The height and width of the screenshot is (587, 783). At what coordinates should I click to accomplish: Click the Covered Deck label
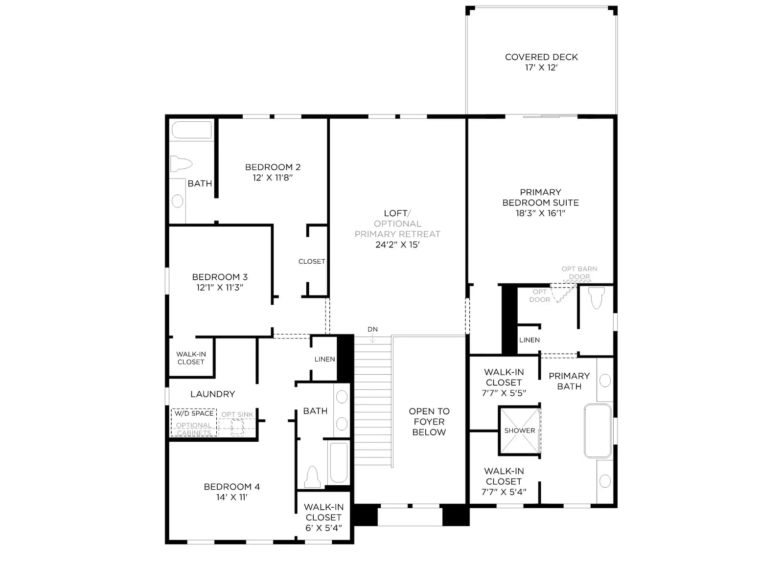tap(541, 57)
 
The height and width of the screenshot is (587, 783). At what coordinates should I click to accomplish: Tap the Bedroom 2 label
tap(273, 167)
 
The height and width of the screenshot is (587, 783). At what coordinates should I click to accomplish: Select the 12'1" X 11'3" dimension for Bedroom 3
tap(220, 287)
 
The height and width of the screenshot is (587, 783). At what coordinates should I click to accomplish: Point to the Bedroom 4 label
tap(232, 487)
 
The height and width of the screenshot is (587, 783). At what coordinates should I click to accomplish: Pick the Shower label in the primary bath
tap(520, 430)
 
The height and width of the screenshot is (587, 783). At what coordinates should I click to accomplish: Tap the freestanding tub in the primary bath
tap(598, 431)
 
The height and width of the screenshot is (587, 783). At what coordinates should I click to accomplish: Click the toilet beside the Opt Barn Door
tap(597, 298)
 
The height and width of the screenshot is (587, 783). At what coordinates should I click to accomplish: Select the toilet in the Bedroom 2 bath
tap(181, 164)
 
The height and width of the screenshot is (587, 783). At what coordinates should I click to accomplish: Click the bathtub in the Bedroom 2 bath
tap(191, 130)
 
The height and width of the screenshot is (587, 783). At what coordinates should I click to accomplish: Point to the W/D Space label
tap(194, 413)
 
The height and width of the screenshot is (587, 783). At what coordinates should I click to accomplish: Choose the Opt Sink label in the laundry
tap(237, 414)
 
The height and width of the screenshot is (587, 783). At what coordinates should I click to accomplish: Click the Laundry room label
tap(212, 394)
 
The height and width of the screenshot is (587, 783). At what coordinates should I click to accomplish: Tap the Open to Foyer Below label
tap(429, 422)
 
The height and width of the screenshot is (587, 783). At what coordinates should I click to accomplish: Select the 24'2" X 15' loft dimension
tap(397, 245)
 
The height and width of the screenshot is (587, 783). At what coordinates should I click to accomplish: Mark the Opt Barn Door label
tap(579, 272)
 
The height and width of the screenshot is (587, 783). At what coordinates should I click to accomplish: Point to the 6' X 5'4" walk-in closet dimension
tap(323, 528)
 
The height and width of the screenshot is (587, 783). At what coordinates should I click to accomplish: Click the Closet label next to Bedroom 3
tap(312, 261)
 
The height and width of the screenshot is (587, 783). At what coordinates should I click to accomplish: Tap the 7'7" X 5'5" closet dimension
tap(504, 393)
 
